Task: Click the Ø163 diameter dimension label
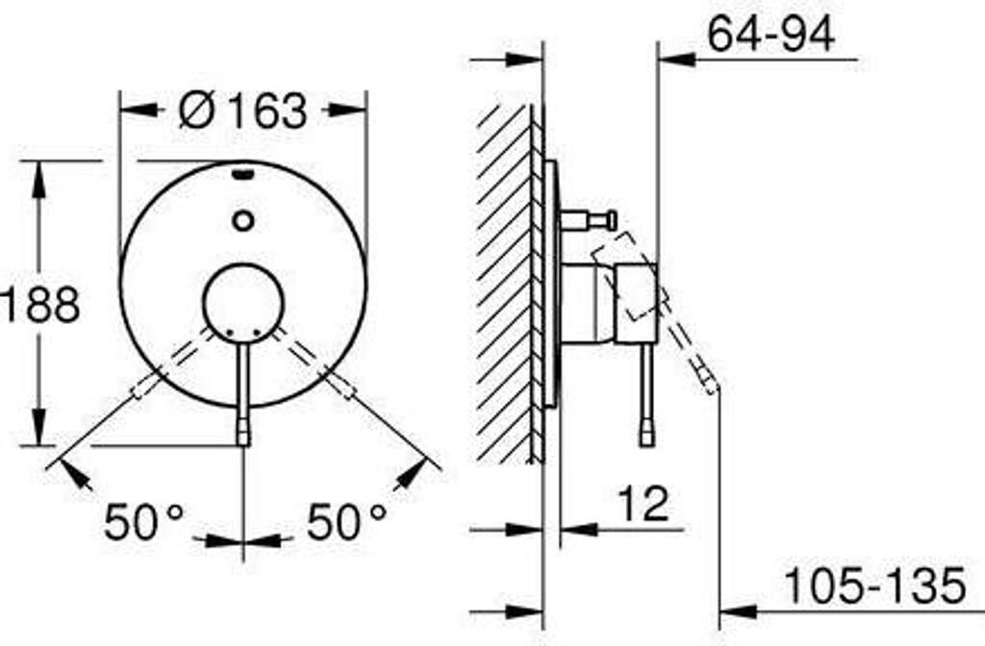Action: click(243, 111)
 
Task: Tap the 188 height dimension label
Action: click(40, 305)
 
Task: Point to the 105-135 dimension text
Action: click(875, 585)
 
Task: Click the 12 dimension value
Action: click(644, 504)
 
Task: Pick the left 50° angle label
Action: click(144, 522)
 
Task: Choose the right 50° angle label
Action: click(346, 522)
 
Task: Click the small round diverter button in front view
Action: click(242, 220)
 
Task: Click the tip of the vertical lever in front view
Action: click(243, 444)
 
